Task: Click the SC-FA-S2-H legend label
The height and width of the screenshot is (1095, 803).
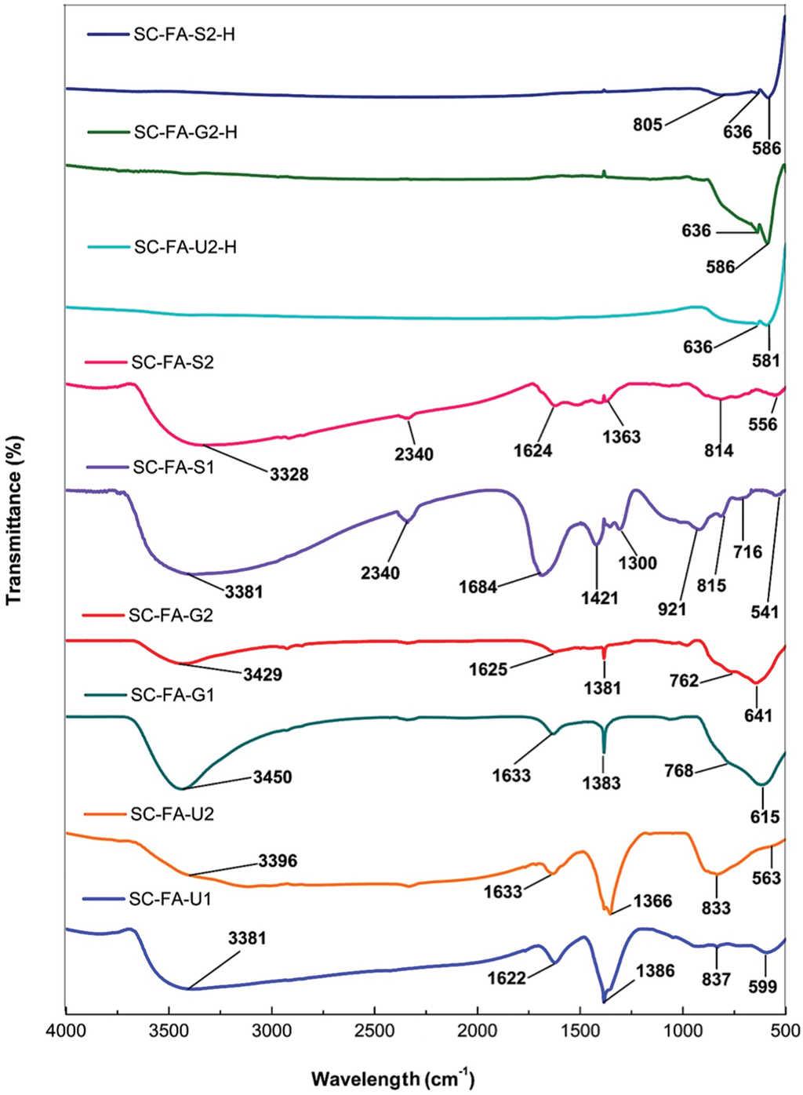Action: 180,35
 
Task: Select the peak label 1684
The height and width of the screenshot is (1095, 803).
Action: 478,586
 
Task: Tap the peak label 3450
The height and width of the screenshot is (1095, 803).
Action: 271,777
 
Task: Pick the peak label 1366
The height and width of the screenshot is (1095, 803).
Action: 652,901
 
